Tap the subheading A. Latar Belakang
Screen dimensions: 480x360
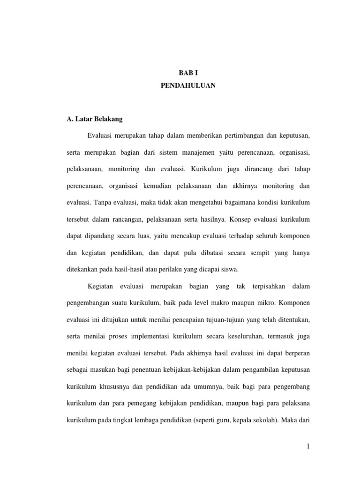(x=95, y=120)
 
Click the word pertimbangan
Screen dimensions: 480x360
(x=235, y=136)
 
